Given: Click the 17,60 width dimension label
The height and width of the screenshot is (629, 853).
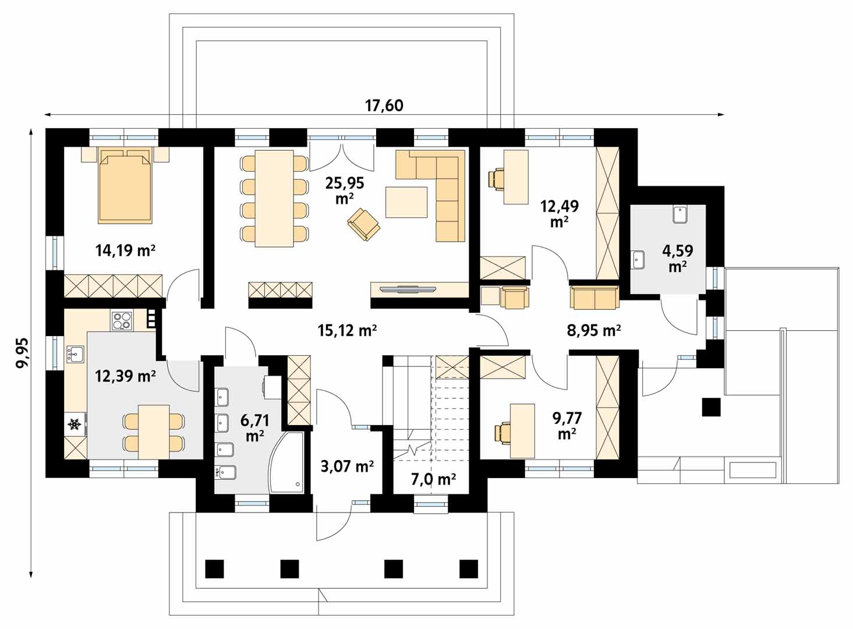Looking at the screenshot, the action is click(x=384, y=105).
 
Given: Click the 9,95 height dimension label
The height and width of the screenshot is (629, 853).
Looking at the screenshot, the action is click(x=22, y=352).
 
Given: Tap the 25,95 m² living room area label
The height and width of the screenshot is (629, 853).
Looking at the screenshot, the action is click(x=344, y=190).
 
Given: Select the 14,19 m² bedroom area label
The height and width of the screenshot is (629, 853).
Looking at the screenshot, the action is click(x=125, y=250).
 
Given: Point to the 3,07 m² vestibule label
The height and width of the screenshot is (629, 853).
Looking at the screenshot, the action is click(x=347, y=466).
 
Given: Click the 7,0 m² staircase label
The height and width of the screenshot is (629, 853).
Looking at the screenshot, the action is click(x=433, y=479).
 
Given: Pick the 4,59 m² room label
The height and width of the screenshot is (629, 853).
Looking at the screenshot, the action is click(x=677, y=258).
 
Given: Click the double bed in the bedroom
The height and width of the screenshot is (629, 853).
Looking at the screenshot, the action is click(x=125, y=186).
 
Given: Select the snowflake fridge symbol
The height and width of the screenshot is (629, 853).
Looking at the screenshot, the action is click(x=75, y=425).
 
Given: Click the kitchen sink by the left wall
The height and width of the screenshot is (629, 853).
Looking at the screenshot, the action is click(x=75, y=354).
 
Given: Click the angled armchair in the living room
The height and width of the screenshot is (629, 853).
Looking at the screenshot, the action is click(x=364, y=225).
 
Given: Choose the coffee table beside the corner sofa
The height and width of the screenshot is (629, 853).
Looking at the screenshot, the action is click(x=406, y=202).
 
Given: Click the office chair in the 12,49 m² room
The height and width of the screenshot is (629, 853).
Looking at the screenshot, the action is click(x=497, y=178).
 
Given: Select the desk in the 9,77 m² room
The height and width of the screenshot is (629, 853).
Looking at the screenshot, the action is click(x=522, y=431).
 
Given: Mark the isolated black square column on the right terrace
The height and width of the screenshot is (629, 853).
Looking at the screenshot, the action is click(x=712, y=407).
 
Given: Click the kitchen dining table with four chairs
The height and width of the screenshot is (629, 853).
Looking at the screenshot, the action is click(x=154, y=432).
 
